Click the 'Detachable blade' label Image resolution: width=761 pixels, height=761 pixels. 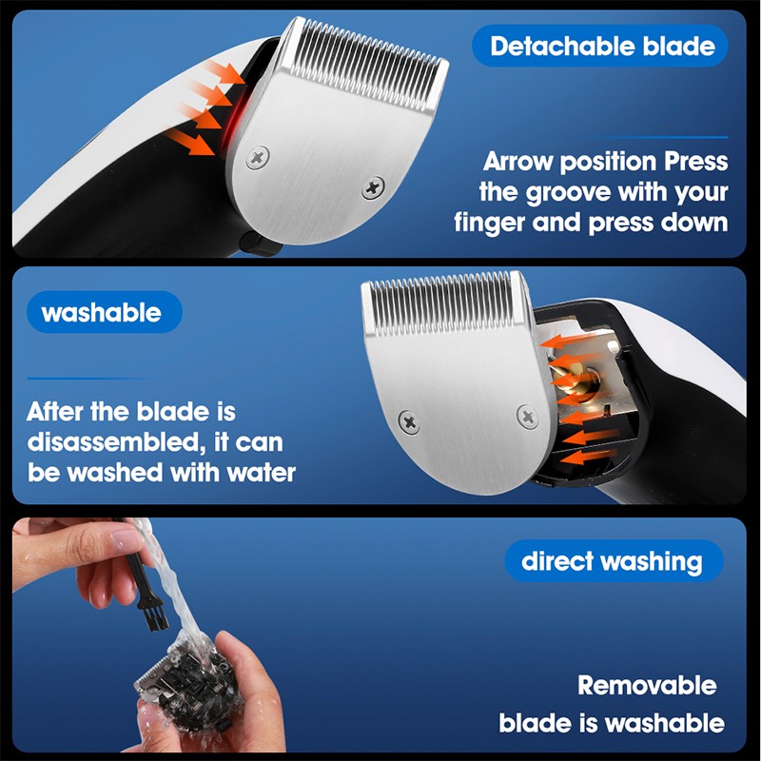tap(600, 46)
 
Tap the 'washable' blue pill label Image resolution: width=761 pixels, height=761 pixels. tap(104, 312)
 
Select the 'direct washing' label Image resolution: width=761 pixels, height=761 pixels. tap(614, 560)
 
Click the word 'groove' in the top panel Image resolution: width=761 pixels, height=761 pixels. tap(568, 193)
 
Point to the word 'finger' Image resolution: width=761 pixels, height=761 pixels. tap(489, 223)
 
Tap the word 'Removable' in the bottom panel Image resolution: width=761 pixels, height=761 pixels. tap(647, 685)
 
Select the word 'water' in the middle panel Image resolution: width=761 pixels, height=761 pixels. tap(261, 473)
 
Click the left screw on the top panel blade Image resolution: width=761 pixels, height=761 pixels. tap(257, 157)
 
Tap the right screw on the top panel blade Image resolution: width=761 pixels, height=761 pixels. tap(373, 187)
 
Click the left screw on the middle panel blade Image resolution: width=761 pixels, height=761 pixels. tap(409, 421)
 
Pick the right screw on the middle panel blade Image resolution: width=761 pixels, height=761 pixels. tap(528, 417)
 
